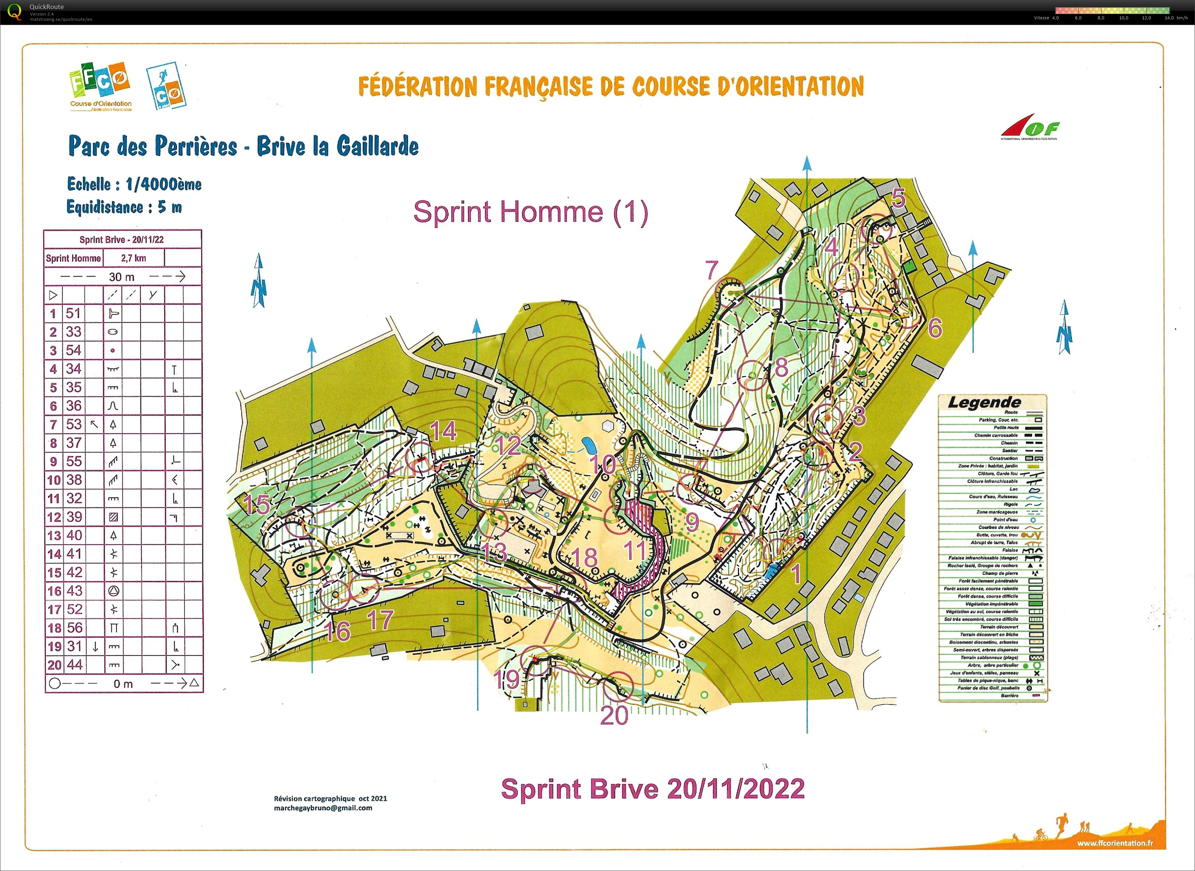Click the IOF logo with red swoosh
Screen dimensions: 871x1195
(1030, 128)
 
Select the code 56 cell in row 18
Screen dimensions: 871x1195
(74, 627)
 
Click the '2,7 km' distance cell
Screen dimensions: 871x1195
(133, 258)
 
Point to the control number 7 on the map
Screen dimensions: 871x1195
(712, 270)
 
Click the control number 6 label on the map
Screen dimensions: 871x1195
(934, 328)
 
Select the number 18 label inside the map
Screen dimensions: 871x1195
(584, 557)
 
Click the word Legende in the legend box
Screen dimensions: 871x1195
(984, 403)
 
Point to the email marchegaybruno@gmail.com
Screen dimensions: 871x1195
(323, 808)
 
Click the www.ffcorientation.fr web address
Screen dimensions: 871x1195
(1114, 843)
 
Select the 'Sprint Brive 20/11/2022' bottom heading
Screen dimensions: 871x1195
(653, 789)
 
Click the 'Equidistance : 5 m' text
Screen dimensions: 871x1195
(124, 207)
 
